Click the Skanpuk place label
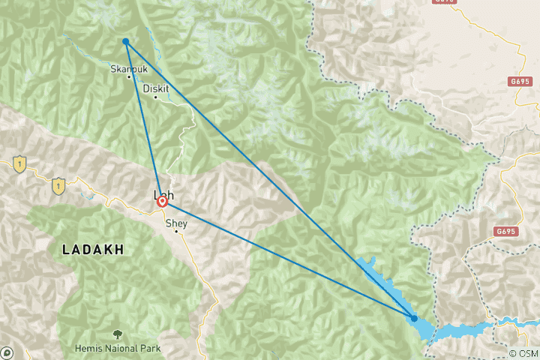125,67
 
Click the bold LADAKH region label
94,248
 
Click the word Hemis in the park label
88,349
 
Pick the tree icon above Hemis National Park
117,334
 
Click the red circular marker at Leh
161,202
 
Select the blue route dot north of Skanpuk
125,41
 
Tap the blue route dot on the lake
414,319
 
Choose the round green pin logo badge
7,352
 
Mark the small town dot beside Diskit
155,97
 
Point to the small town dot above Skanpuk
130,76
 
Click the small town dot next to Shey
177,231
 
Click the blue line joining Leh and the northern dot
143,120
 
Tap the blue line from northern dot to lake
270,180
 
